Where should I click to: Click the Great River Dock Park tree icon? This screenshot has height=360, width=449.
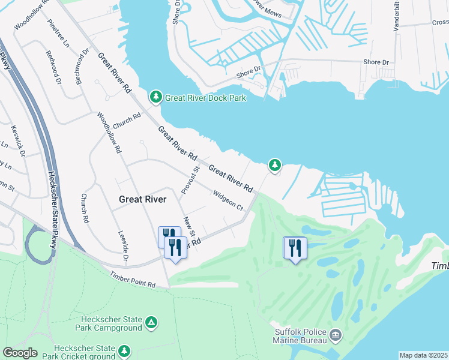(156, 97)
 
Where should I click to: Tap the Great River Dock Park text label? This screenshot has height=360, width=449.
(205, 98)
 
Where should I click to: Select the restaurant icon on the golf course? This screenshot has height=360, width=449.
(295, 248)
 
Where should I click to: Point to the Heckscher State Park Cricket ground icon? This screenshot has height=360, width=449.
(124, 350)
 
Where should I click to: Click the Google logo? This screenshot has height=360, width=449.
(20, 353)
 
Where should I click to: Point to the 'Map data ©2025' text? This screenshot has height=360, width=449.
(423, 355)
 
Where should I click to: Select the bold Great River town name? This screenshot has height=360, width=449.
(142, 199)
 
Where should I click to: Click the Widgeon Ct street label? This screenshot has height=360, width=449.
(228, 200)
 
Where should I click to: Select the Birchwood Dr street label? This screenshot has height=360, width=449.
(82, 66)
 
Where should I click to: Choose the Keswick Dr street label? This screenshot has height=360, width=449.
(18, 140)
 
